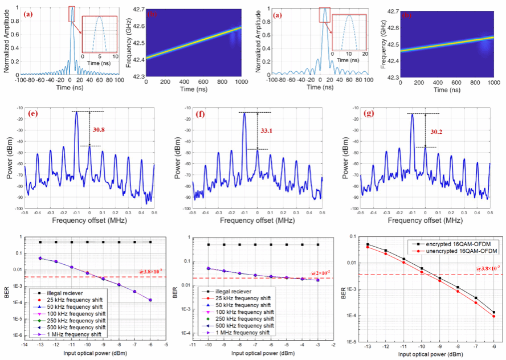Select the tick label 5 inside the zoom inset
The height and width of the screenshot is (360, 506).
100,57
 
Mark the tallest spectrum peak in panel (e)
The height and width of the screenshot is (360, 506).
76,112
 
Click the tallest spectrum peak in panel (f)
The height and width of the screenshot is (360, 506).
244,113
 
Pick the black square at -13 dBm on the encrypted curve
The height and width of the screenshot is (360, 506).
368,244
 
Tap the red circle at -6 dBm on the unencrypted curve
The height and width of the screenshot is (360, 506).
493,316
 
